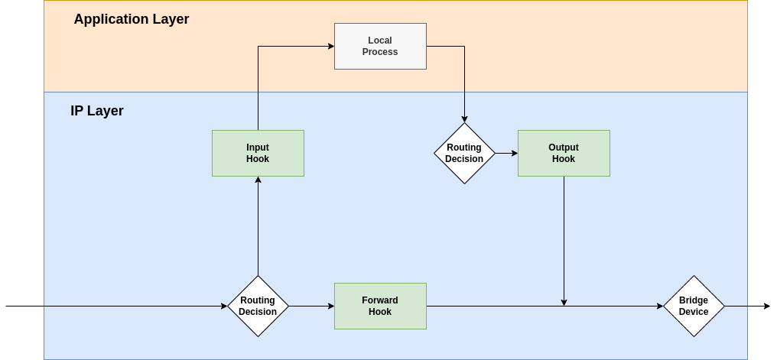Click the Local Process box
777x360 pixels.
pyautogui.click(x=380, y=46)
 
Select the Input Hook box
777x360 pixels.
pyautogui.click(x=258, y=153)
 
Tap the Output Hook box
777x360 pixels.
pyautogui.click(x=564, y=153)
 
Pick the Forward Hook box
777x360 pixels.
pyautogui.click(x=380, y=306)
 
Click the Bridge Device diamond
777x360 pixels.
pyautogui.click(x=694, y=306)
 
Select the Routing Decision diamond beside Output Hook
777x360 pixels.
pyautogui.click(x=464, y=153)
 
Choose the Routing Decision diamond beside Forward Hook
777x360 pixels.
pyautogui.click(x=258, y=306)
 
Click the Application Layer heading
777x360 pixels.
pyautogui.click(x=131, y=19)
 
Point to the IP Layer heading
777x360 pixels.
pyautogui.click(x=97, y=111)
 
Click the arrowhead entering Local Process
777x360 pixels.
pyautogui.click(x=331, y=46)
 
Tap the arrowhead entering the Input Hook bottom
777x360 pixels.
pyautogui.click(x=258, y=180)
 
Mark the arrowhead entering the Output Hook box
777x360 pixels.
pyautogui.click(x=514, y=153)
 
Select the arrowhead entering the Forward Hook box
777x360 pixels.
pyautogui.click(x=331, y=306)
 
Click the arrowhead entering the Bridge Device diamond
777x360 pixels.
pyautogui.click(x=659, y=306)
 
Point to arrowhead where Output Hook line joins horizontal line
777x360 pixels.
pyautogui.click(x=564, y=303)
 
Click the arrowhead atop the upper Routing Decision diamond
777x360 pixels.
pyautogui.click(x=464, y=119)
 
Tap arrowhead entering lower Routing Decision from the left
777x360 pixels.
pyautogui.click(x=224, y=306)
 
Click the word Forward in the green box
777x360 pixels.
pyautogui.click(x=380, y=300)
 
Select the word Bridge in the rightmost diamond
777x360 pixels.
pyautogui.click(x=694, y=300)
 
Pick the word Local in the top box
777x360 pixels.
pyautogui.click(x=380, y=41)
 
